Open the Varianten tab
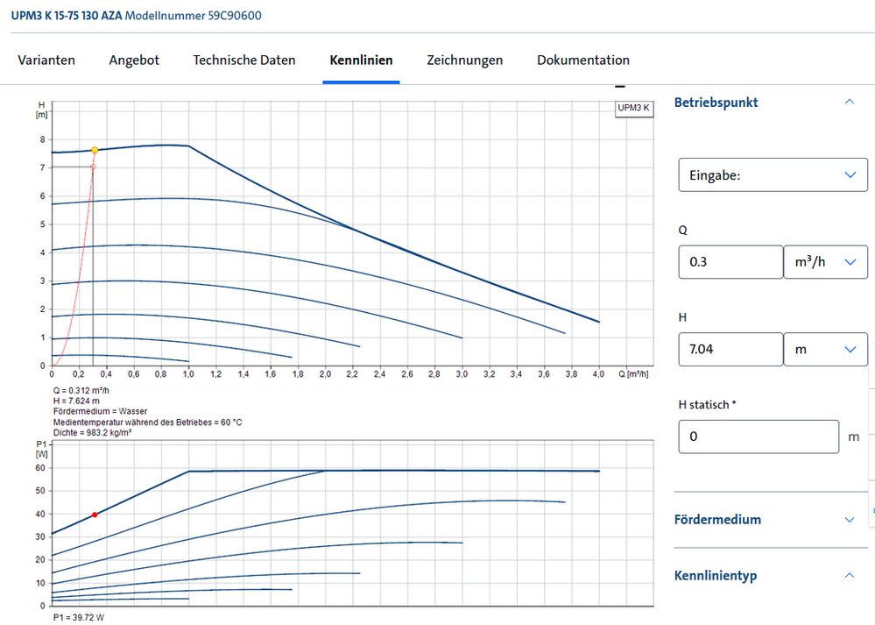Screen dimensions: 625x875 click(x=46, y=60)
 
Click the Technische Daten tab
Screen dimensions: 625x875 click(x=244, y=60)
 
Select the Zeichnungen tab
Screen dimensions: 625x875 click(x=464, y=60)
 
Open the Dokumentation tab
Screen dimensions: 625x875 click(x=583, y=60)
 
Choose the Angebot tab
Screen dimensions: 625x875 click(x=134, y=60)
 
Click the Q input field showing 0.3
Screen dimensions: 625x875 click(x=730, y=262)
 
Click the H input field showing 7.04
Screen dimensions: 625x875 click(x=730, y=349)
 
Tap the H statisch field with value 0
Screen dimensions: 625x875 click(x=759, y=437)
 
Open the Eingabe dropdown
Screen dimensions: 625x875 click(x=773, y=175)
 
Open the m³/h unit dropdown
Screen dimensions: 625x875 click(x=825, y=262)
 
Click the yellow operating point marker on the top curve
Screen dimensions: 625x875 click(x=94, y=150)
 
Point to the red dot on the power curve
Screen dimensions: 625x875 click(x=95, y=515)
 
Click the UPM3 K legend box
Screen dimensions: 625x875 click(x=633, y=109)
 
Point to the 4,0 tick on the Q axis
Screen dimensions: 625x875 click(x=598, y=374)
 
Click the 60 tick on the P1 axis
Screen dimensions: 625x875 click(x=40, y=468)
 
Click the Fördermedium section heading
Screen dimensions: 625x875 click(x=717, y=520)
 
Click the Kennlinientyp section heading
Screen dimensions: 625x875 click(x=716, y=576)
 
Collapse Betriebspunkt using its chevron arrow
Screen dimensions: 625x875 click(x=849, y=103)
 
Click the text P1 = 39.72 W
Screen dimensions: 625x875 click(x=78, y=618)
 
